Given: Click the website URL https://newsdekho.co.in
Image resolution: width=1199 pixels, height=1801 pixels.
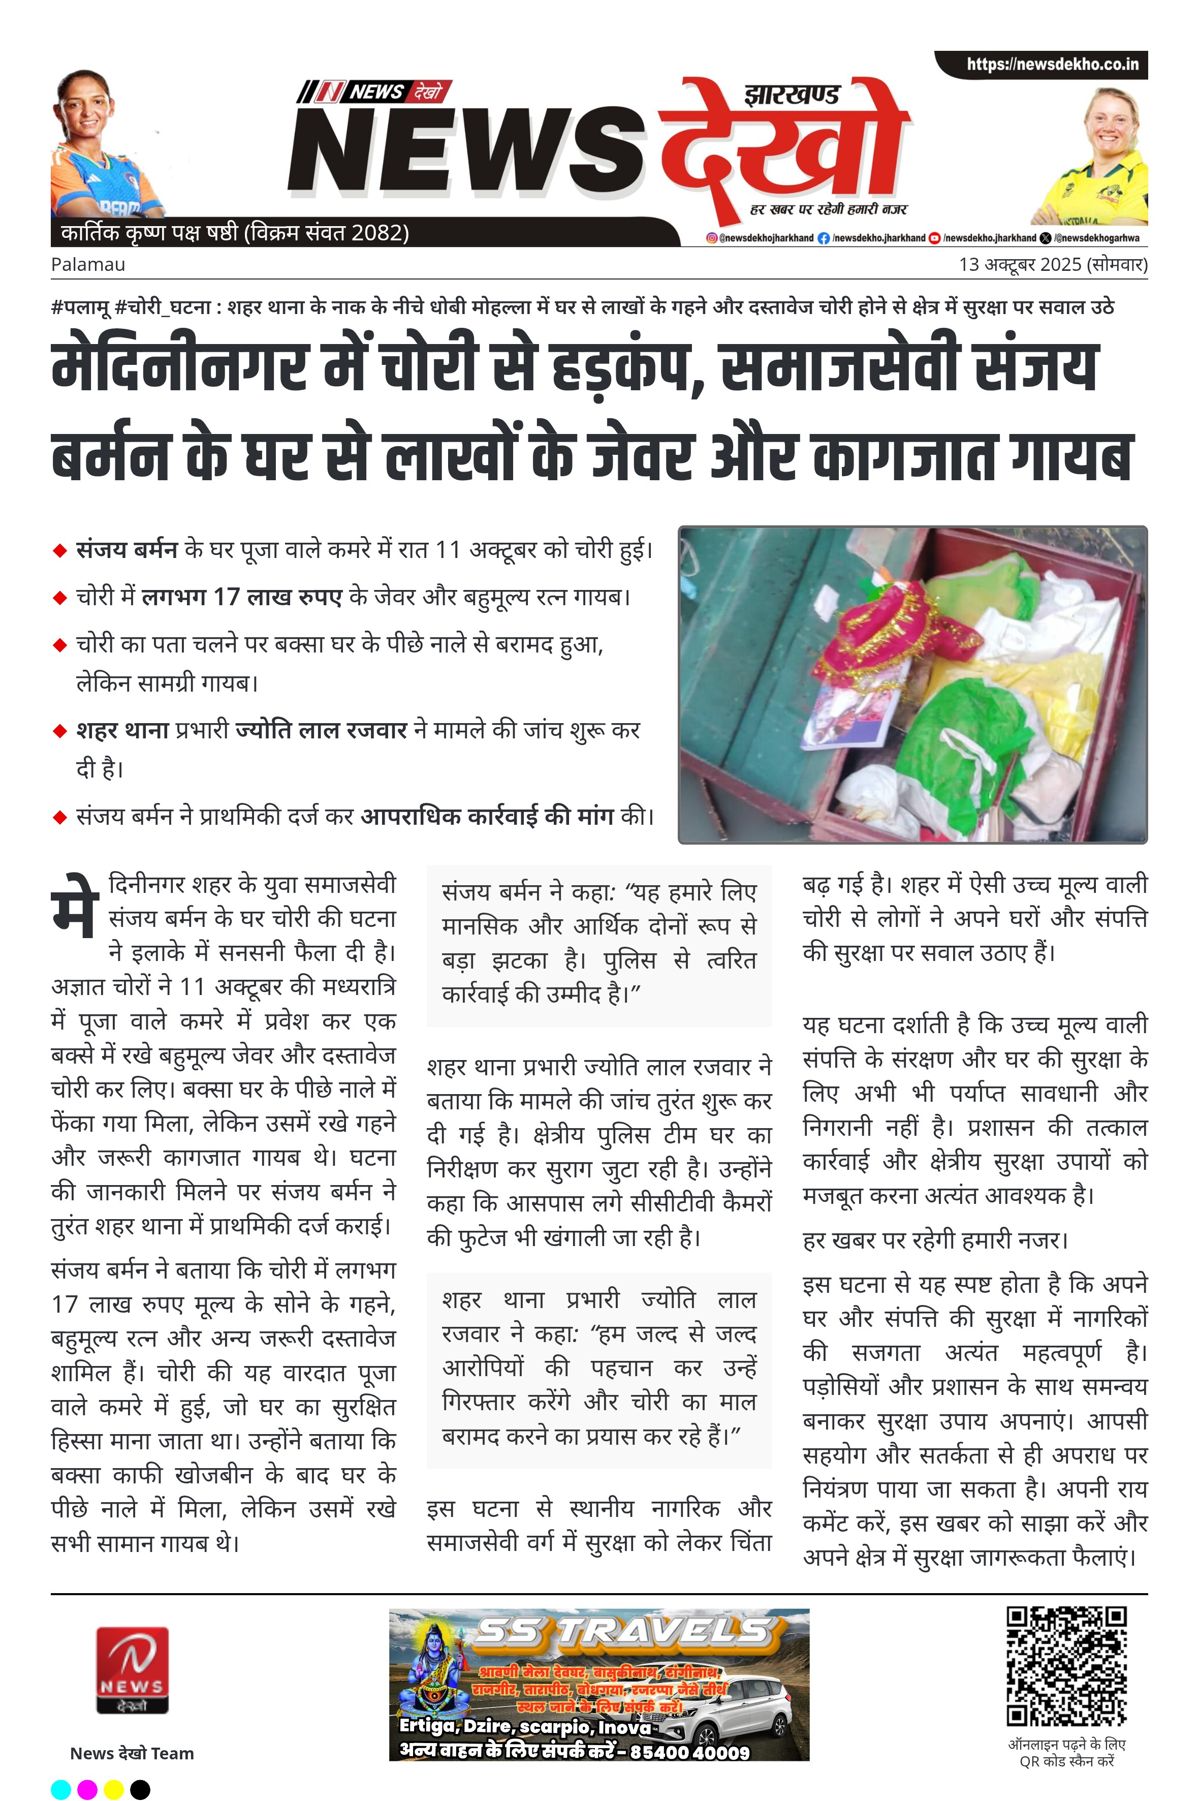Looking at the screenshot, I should click(1052, 64).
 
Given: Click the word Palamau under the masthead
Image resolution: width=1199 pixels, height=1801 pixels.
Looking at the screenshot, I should click(88, 265).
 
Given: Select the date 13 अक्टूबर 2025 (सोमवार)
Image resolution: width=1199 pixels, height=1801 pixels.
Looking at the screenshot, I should click(1053, 265).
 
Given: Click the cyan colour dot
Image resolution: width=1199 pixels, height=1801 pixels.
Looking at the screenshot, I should click(61, 1789).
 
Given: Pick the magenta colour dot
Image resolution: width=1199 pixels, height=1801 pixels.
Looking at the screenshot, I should click(87, 1789).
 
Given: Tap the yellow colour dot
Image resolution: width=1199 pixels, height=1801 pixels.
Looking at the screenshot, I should click(113, 1789).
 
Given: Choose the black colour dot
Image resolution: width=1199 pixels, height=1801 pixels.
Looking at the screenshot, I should click(140, 1789).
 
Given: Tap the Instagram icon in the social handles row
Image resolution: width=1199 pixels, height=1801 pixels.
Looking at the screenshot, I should click(711, 238).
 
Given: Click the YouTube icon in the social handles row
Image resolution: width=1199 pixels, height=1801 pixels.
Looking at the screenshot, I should click(934, 238).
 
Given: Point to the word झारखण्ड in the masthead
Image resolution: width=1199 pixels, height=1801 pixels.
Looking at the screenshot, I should click(792, 95).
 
